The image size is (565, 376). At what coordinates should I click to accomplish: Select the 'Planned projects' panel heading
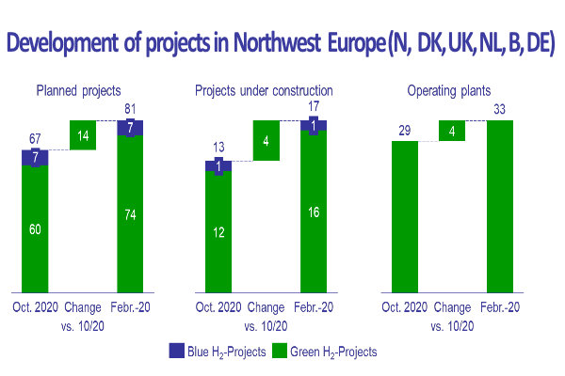(78, 91)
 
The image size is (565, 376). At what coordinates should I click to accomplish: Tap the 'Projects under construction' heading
(264, 91)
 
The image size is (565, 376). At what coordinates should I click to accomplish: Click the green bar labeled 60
(35, 228)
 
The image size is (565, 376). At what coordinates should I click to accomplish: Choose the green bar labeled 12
(219, 231)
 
